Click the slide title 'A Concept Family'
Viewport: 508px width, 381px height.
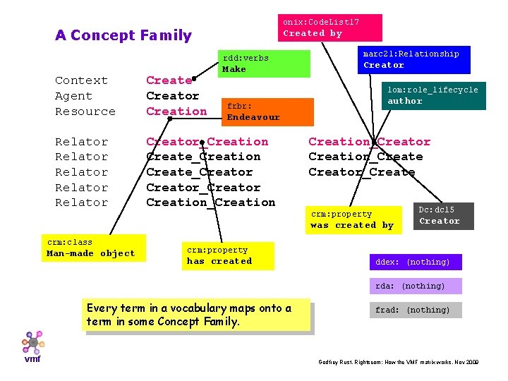[x=123, y=35]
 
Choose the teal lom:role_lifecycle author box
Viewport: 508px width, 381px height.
[x=435, y=95]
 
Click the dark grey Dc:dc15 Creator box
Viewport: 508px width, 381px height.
[x=443, y=215]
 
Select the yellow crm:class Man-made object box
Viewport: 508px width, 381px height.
[x=93, y=248]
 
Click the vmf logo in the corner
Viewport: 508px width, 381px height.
[x=32, y=346]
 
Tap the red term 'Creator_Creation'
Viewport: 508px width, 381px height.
[x=207, y=142]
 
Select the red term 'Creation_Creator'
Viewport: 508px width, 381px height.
[x=369, y=142]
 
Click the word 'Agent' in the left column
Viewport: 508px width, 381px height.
[x=73, y=96]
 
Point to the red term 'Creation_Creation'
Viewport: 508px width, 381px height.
[x=210, y=202]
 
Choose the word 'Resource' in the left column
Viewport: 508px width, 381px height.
[x=85, y=111]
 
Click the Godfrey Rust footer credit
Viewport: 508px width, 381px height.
[x=399, y=362]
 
